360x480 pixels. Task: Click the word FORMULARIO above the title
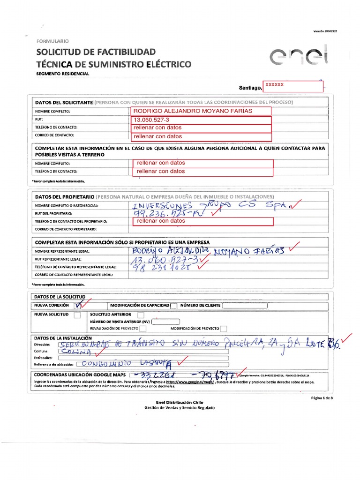click(52, 41)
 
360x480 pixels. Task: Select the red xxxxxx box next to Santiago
click(293, 86)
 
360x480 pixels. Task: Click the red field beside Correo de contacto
click(202, 136)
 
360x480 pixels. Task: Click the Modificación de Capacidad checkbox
click(174, 306)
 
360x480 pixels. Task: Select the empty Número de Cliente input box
click(245, 306)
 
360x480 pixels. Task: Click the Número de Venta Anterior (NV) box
click(165, 322)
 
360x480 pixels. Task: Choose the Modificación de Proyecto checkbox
click(224, 329)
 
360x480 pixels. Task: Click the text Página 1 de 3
click(321, 397)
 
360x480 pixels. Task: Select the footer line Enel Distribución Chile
click(180, 402)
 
